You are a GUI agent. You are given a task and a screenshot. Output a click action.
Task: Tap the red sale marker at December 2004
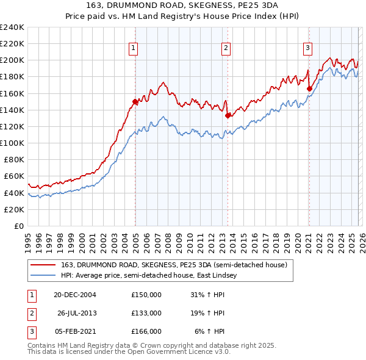tap(135, 101)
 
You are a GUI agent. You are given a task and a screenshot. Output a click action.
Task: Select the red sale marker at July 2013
tap(228, 115)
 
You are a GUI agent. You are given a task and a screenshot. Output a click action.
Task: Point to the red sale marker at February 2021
tap(309, 88)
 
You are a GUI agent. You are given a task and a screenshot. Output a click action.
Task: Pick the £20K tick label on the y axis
tap(13, 209)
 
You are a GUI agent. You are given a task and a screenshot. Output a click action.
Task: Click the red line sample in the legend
tap(43, 264)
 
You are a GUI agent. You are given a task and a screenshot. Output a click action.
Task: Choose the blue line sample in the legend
tap(43, 276)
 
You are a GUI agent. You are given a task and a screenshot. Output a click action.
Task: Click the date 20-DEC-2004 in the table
tap(75, 294)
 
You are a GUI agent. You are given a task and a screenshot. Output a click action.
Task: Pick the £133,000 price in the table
tap(146, 313)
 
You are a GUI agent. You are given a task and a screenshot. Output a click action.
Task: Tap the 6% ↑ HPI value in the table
tap(210, 331)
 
